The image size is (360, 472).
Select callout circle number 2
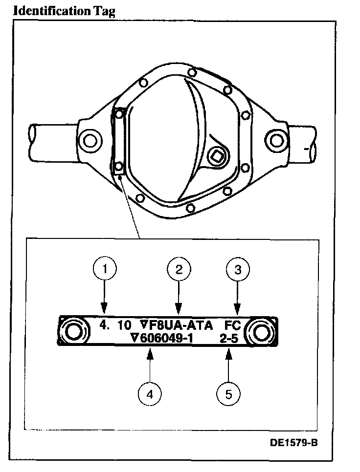coord(179,269)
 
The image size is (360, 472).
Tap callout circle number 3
coord(237,269)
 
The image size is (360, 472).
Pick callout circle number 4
coord(151,393)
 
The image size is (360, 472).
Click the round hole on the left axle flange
coord(90,141)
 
